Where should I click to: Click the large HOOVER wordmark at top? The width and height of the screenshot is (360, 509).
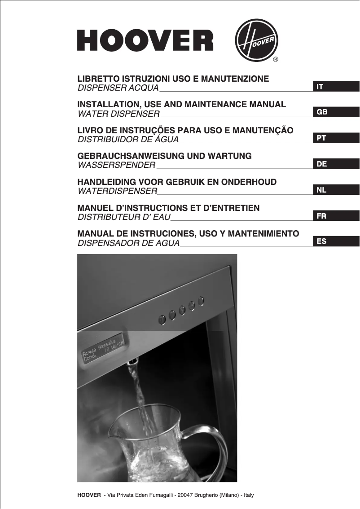click(x=145, y=40)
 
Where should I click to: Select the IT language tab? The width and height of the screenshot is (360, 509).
click(x=336, y=87)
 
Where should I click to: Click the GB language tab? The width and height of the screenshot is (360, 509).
click(x=336, y=112)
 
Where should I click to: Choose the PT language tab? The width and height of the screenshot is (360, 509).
click(x=336, y=138)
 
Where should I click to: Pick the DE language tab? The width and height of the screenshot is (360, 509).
click(x=336, y=164)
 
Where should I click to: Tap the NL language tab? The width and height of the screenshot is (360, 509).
click(x=336, y=190)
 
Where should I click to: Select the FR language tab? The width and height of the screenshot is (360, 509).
click(x=336, y=216)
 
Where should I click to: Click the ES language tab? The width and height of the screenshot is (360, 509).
click(x=336, y=242)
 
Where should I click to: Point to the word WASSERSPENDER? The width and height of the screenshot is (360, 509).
click(x=117, y=166)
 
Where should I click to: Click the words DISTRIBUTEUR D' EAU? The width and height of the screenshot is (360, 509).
click(x=124, y=218)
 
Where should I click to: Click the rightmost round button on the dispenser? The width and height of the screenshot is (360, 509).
click(x=201, y=300)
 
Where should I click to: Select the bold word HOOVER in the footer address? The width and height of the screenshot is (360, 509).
click(x=89, y=495)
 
